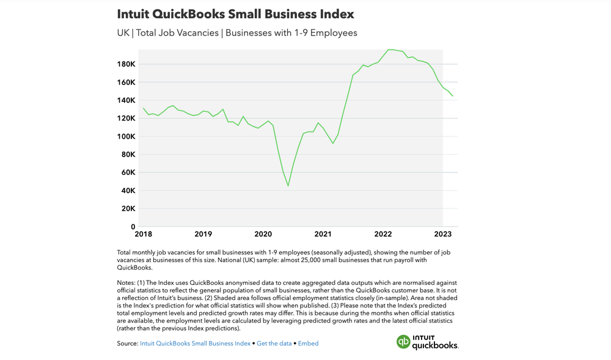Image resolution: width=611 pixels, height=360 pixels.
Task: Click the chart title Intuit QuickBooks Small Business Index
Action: pyautogui.click(x=235, y=13)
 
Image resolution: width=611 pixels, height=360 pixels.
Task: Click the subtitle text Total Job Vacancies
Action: pyautogui.click(x=178, y=32)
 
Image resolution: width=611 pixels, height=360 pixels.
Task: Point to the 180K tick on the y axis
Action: pyautogui.click(x=126, y=64)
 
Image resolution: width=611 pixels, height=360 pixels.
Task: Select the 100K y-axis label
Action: pyautogui.click(x=126, y=136)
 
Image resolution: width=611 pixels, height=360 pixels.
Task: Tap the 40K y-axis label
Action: pyautogui.click(x=128, y=191)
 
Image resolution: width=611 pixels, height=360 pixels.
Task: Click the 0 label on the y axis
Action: pyautogui.click(x=133, y=227)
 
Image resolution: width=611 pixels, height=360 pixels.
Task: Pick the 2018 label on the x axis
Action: pyautogui.click(x=144, y=234)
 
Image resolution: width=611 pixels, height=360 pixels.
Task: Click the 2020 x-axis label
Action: pyautogui.click(x=263, y=234)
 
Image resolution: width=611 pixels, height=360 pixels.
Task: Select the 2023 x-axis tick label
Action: pyautogui.click(x=443, y=234)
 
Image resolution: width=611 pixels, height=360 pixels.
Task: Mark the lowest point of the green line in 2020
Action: pyautogui.click(x=288, y=186)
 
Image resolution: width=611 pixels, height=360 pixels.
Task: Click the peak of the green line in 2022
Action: pyautogui.click(x=390, y=50)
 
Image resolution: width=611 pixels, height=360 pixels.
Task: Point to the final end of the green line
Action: pyautogui.click(x=453, y=96)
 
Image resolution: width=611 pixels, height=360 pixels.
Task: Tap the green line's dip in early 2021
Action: pyautogui.click(x=332, y=143)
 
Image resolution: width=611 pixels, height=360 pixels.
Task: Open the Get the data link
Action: pyautogui.click(x=274, y=343)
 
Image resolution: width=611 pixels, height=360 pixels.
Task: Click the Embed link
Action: pyautogui.click(x=308, y=343)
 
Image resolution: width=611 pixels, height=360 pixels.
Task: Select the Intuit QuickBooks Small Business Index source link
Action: pyautogui.click(x=195, y=343)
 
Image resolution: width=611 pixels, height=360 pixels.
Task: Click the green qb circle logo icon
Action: pyautogui.click(x=403, y=342)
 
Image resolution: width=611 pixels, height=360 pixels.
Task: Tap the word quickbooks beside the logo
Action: pyautogui.click(x=434, y=345)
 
